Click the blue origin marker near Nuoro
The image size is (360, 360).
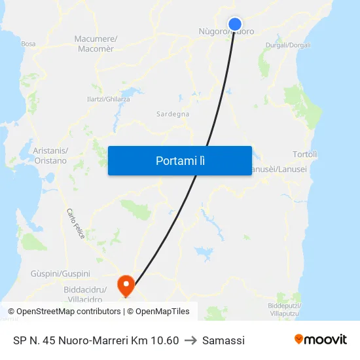(235, 24)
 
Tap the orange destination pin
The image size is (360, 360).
(124, 284)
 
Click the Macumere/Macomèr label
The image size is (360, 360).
(96, 44)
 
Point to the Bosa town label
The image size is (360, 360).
(28, 44)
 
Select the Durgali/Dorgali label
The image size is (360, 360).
(289, 45)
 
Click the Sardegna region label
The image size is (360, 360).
(173, 114)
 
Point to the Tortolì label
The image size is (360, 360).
(306, 154)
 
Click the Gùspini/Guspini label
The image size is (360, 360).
(60, 273)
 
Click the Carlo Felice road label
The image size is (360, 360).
(75, 224)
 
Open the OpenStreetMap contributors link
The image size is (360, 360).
(69, 312)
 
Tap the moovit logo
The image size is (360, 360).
(321, 340)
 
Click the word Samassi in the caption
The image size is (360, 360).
(223, 340)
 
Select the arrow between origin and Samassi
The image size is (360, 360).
(190, 340)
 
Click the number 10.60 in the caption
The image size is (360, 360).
(164, 340)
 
